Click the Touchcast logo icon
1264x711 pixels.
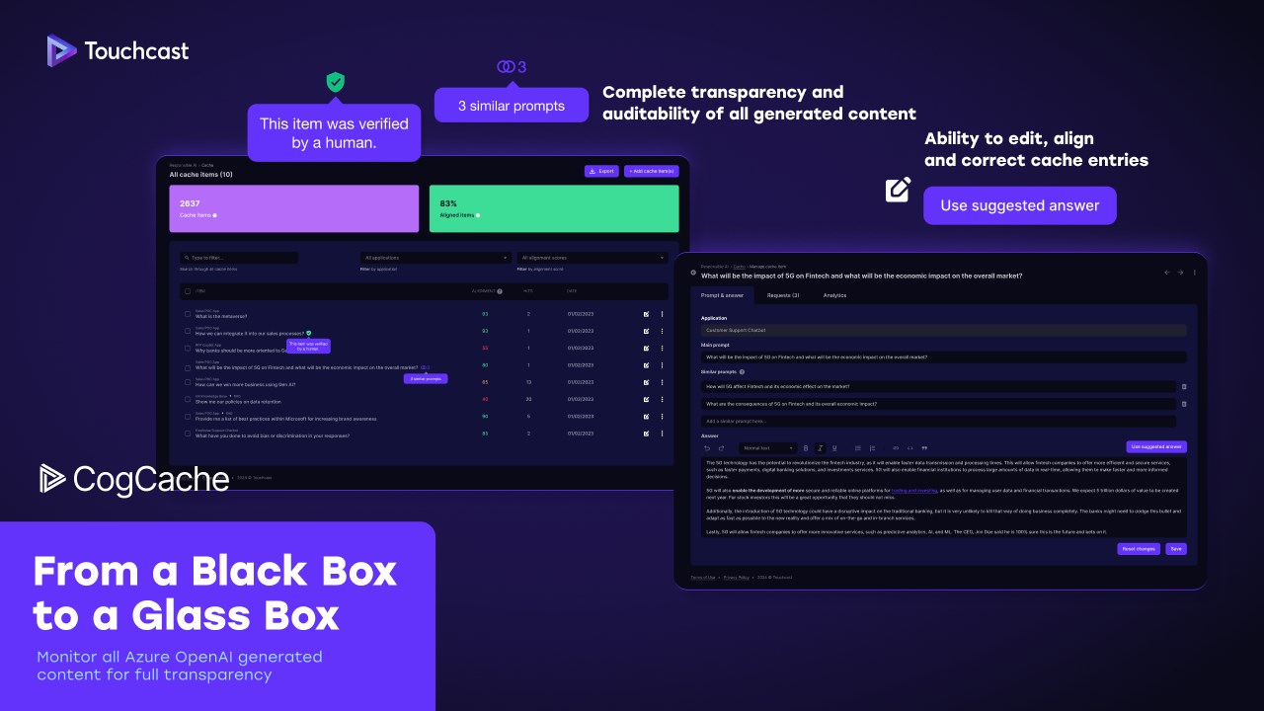[61, 50]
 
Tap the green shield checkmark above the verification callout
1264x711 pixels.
[336, 82]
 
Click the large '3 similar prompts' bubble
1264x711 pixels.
[512, 106]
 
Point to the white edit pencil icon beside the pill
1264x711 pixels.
[898, 190]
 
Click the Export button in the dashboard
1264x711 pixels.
[600, 171]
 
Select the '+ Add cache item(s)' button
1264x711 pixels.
[651, 171]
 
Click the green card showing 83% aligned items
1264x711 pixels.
[553, 208]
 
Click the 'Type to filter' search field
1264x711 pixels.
[238, 258]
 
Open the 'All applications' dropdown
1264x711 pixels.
[435, 258]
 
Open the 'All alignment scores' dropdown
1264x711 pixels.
[592, 258]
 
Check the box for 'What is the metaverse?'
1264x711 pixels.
[188, 314]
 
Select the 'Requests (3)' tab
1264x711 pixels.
[783, 295]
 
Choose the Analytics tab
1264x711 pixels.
[834, 295]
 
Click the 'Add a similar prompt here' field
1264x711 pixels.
[938, 421]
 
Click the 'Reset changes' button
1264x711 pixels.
[1138, 548]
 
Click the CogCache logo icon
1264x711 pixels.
[53, 479]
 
